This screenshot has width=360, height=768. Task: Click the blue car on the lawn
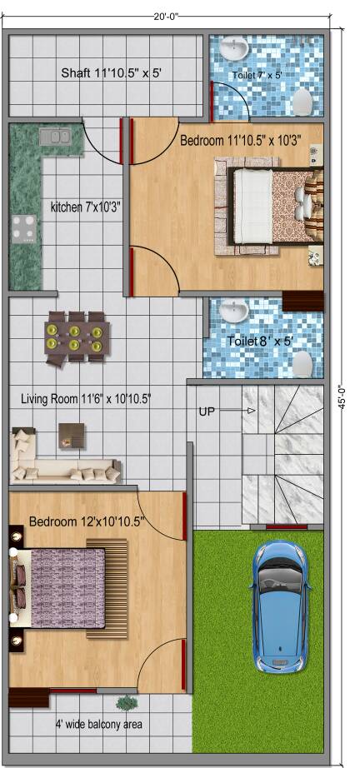280,606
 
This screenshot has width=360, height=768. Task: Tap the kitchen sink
55,137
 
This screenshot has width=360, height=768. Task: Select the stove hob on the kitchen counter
24,229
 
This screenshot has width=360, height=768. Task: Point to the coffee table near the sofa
72,436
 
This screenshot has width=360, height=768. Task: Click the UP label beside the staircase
207,411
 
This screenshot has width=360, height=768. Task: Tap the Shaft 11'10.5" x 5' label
111,73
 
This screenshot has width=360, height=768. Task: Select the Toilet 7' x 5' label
256,76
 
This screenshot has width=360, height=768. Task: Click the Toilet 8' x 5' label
260,341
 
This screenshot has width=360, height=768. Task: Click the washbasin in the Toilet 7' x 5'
233,48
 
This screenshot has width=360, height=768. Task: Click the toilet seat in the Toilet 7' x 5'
302,102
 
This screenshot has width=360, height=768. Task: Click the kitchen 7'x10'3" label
86,207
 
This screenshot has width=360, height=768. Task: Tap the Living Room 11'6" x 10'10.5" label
86,399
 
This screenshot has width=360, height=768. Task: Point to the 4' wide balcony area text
98,723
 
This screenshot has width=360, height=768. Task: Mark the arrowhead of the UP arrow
252,411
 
